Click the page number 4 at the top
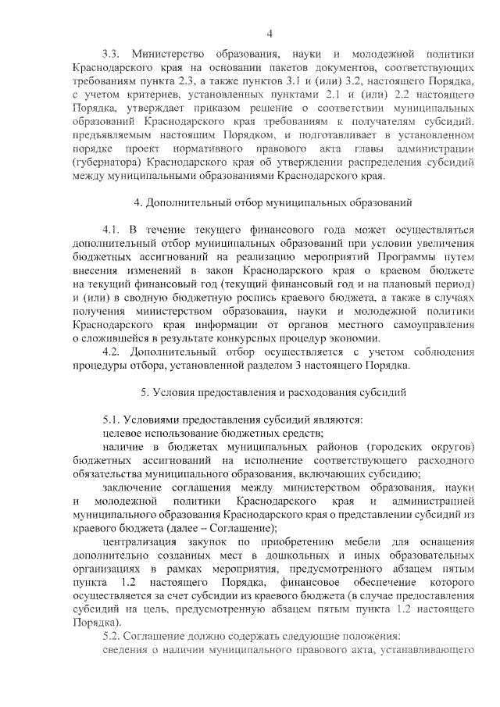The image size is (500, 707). coord(270,33)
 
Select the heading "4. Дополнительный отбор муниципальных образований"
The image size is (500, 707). coord(263,204)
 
